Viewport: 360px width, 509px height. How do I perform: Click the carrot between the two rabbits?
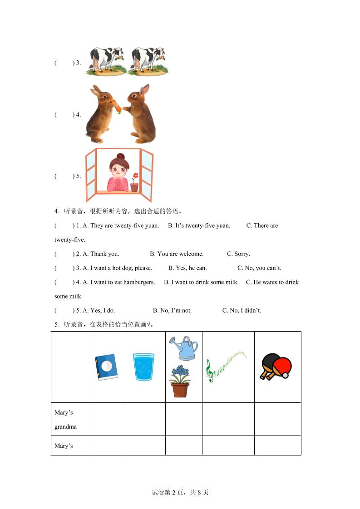click(x=117, y=107)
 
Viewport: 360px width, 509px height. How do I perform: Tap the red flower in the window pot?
click(x=134, y=176)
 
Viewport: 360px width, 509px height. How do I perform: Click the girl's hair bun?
click(x=120, y=157)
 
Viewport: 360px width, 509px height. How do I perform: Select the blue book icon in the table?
click(x=106, y=367)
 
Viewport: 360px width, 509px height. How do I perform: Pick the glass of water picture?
click(x=143, y=367)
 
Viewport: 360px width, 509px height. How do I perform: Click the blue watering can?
click(x=184, y=348)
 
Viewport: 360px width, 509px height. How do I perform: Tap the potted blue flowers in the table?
click(x=180, y=381)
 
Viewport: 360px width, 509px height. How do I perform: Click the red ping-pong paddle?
click(x=282, y=365)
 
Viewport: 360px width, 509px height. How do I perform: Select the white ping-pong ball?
click(x=285, y=375)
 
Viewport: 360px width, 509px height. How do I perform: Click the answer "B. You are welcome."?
click(x=177, y=254)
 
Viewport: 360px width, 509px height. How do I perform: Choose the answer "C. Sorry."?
click(x=238, y=254)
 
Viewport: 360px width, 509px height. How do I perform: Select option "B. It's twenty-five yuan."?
click(x=199, y=225)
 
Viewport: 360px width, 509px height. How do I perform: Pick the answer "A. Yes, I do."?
click(x=99, y=310)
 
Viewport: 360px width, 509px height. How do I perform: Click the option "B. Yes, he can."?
click(x=187, y=268)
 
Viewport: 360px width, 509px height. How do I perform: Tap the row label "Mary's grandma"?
click(x=65, y=419)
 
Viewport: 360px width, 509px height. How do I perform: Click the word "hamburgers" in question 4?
click(x=139, y=282)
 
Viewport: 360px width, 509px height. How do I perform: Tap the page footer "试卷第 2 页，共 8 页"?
click(x=180, y=492)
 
